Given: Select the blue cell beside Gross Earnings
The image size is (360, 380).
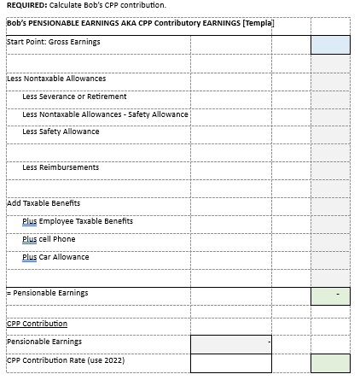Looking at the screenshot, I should [x=329, y=44].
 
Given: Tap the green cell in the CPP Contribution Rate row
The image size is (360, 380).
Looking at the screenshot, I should [x=329, y=363].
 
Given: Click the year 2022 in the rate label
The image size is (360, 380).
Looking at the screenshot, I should [x=115, y=359].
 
